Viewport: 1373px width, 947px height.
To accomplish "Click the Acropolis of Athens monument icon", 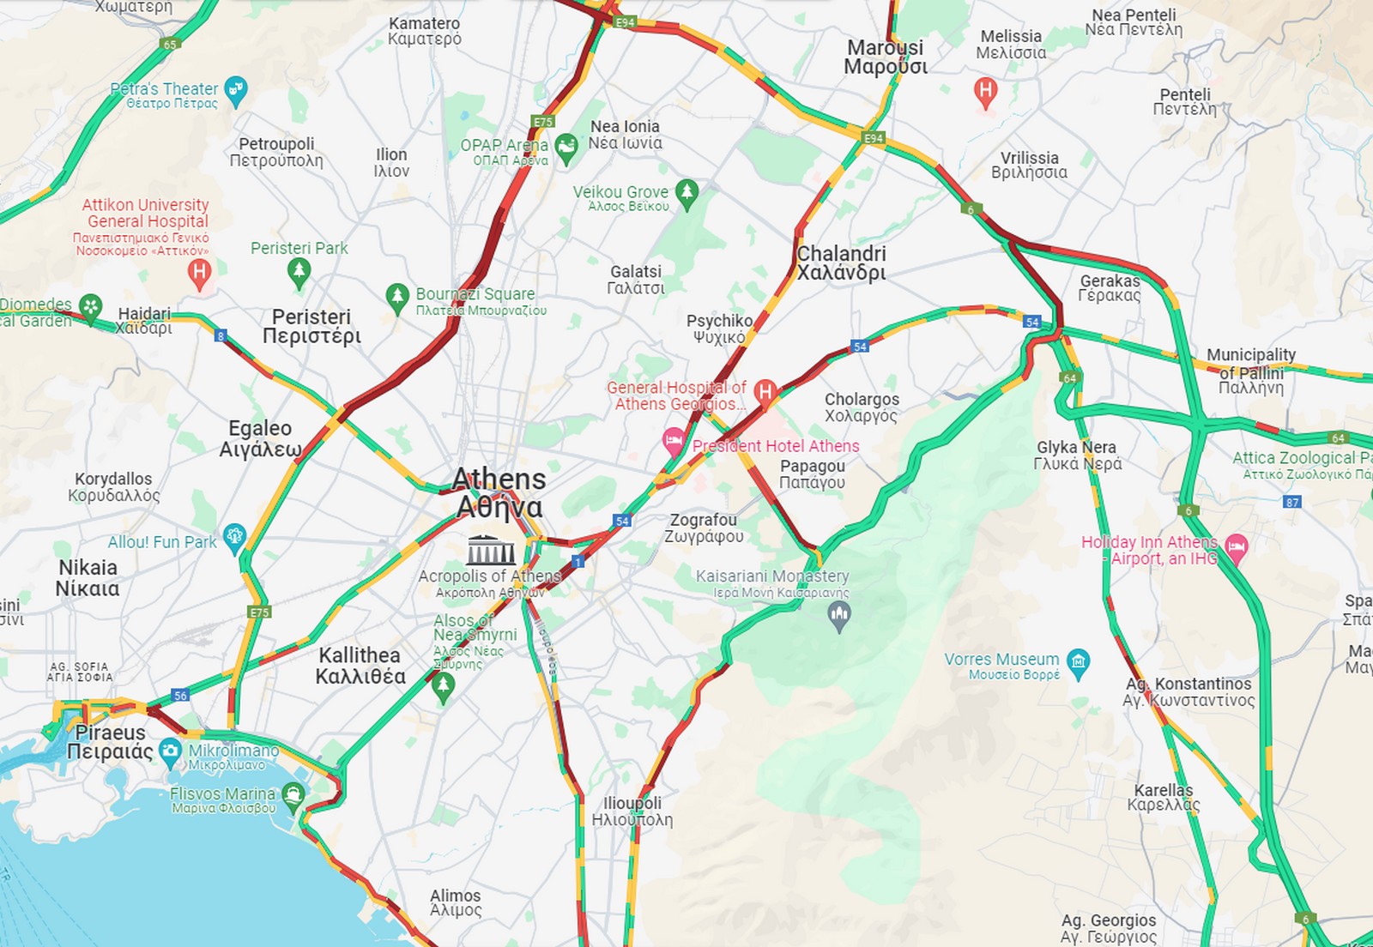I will (x=491, y=549).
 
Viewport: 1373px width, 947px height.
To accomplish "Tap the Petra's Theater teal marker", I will (x=235, y=88).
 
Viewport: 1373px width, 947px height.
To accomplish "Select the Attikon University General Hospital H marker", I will (x=199, y=274).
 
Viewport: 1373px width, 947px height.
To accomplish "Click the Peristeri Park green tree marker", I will (x=299, y=273).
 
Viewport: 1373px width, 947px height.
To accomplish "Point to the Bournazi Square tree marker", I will (x=396, y=298).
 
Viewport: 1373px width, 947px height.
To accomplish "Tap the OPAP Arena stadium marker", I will (x=566, y=148).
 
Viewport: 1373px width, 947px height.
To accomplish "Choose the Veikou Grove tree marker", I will (x=686, y=193).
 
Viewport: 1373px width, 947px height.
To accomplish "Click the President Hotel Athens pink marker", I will (x=674, y=442).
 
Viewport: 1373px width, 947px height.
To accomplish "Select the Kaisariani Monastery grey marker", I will (x=839, y=614).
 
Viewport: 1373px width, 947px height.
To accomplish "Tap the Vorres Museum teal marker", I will (x=1078, y=662).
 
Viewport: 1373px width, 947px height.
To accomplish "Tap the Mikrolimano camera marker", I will (x=170, y=751).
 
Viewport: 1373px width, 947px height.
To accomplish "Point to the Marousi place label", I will (x=886, y=57).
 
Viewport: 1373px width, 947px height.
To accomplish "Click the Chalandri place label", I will (x=841, y=263).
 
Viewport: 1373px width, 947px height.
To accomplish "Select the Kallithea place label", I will (x=360, y=666).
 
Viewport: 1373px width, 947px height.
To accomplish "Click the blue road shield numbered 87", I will (x=1292, y=502).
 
